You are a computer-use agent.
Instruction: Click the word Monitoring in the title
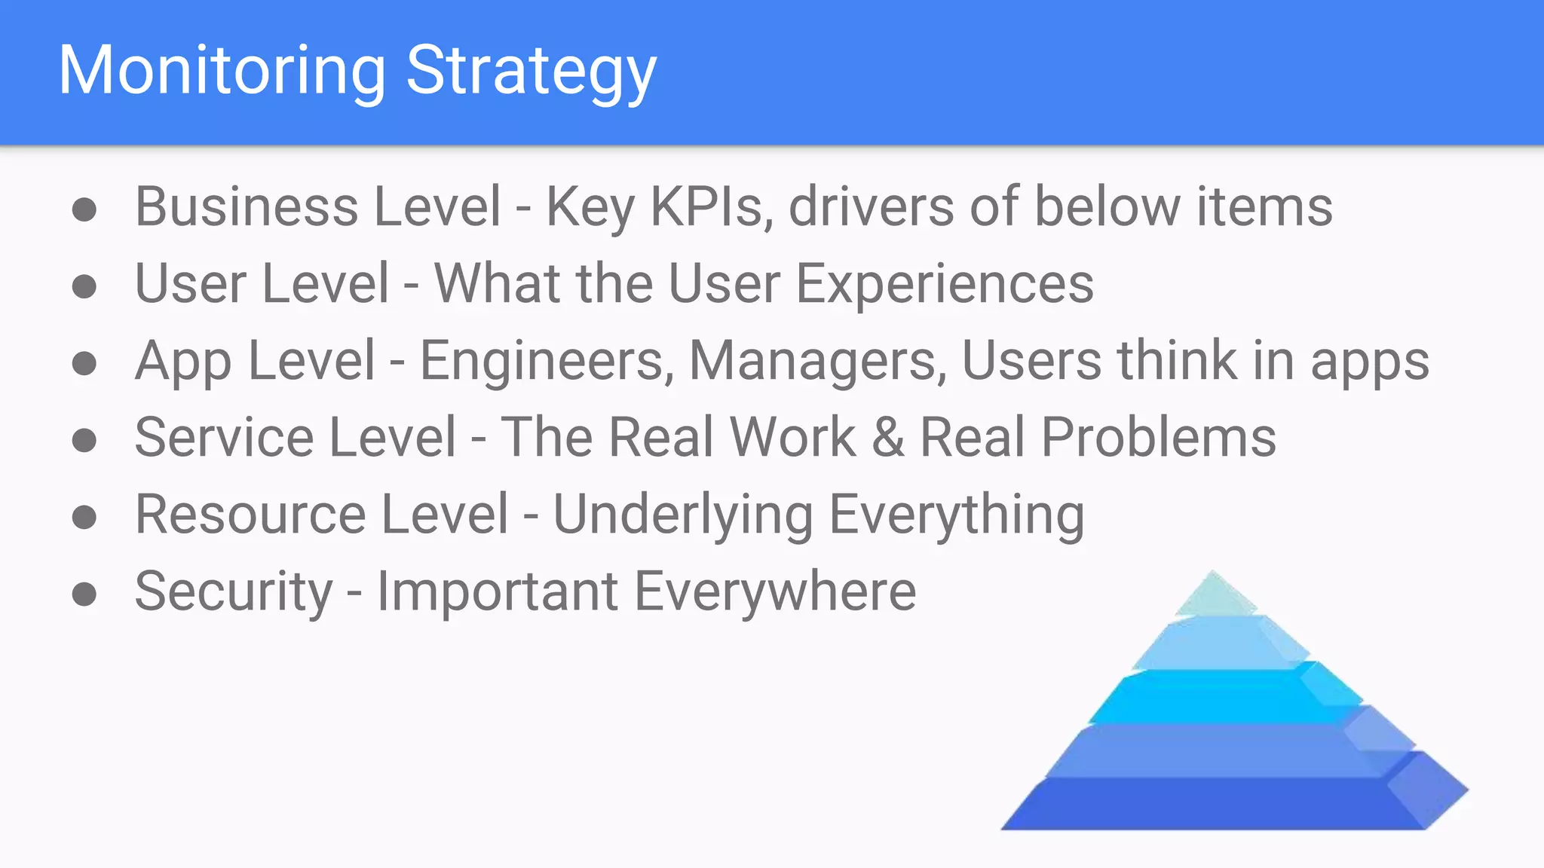click(222, 71)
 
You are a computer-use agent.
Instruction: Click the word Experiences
click(945, 284)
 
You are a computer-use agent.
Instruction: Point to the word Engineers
click(547, 361)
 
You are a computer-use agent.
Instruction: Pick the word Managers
click(818, 361)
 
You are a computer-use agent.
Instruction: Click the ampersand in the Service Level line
click(888, 438)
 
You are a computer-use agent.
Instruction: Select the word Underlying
click(683, 515)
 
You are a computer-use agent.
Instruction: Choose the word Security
click(233, 592)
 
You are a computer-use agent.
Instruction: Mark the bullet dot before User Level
click(84, 286)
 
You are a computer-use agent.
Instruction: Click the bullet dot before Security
click(84, 594)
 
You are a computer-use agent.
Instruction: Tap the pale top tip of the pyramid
click(1214, 595)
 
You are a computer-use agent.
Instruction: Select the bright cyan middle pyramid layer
click(1214, 698)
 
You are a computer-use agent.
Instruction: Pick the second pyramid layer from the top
click(1214, 644)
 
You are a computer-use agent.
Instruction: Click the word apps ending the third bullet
click(1369, 361)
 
